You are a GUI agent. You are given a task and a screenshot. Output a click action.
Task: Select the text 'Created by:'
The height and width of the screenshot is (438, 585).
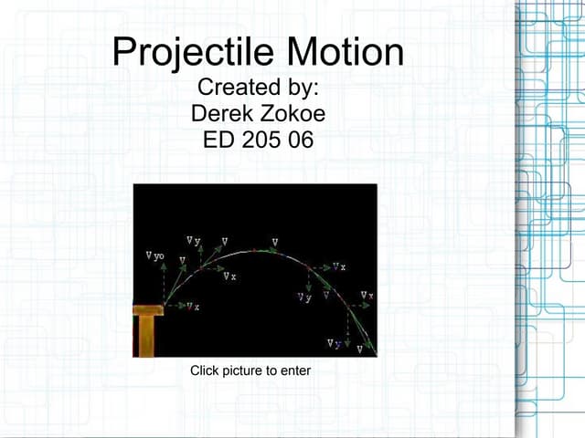tap(257, 89)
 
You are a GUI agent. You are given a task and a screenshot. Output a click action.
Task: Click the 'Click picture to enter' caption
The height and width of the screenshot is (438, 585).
tap(250, 370)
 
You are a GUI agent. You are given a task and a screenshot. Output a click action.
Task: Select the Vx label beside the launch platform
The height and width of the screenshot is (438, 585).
tap(193, 307)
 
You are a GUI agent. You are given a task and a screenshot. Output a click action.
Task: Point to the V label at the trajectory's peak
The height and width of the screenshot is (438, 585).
tap(274, 242)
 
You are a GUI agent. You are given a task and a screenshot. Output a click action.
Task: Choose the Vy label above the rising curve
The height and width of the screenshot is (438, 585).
tap(194, 241)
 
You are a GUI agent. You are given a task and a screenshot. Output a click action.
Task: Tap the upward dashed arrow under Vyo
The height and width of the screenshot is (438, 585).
tap(164, 281)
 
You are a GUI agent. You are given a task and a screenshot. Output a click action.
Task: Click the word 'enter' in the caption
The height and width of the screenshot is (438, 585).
tap(295, 370)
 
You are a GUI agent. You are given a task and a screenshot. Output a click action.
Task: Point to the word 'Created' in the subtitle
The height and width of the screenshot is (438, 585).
tap(234, 89)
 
